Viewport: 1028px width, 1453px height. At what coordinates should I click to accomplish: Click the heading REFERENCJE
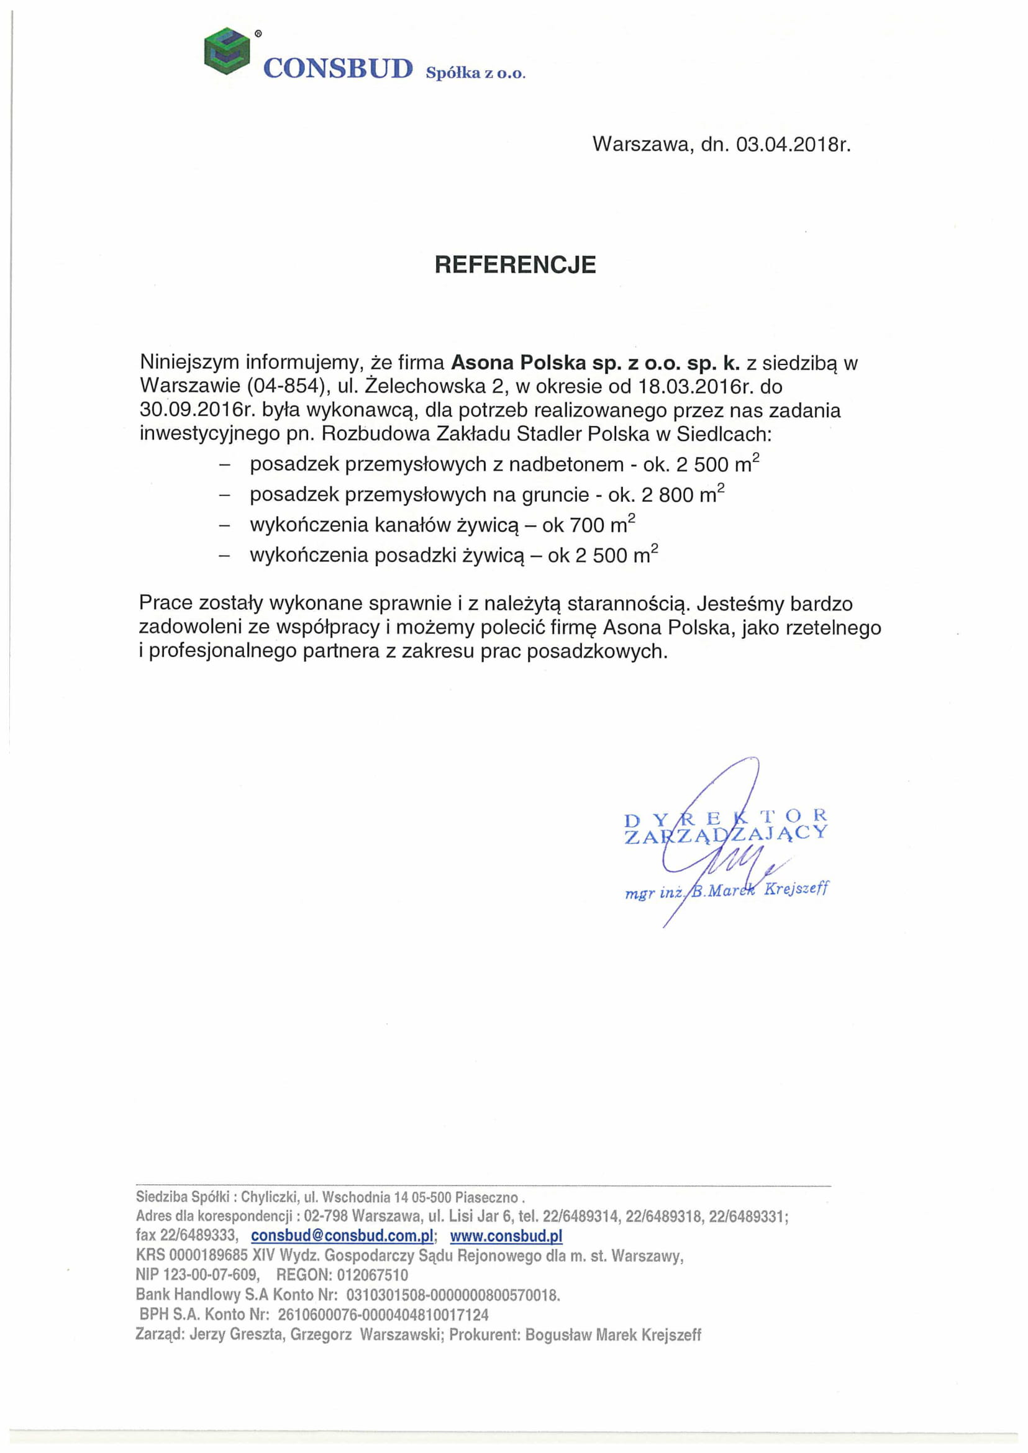point(515,265)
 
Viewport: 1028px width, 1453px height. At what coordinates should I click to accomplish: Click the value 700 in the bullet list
point(588,525)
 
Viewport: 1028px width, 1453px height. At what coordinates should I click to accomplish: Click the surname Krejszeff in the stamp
point(796,889)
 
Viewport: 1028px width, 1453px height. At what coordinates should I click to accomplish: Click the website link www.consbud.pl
point(506,1235)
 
